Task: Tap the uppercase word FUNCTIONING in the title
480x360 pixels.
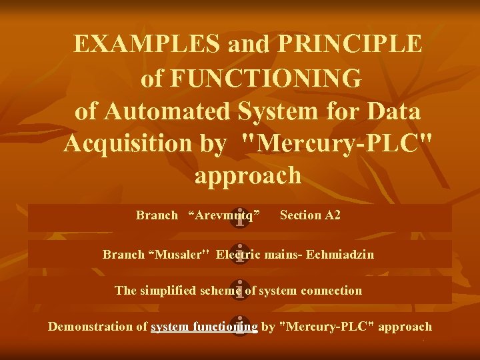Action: (x=266, y=77)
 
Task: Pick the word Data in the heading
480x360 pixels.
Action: (x=391, y=111)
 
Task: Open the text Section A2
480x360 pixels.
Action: (x=310, y=215)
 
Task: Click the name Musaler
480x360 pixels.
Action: (x=179, y=255)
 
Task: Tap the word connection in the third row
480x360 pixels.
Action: (x=331, y=291)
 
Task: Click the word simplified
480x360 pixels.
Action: (x=167, y=291)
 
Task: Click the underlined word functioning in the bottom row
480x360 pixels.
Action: (x=225, y=327)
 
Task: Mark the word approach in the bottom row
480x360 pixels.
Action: (x=407, y=327)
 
